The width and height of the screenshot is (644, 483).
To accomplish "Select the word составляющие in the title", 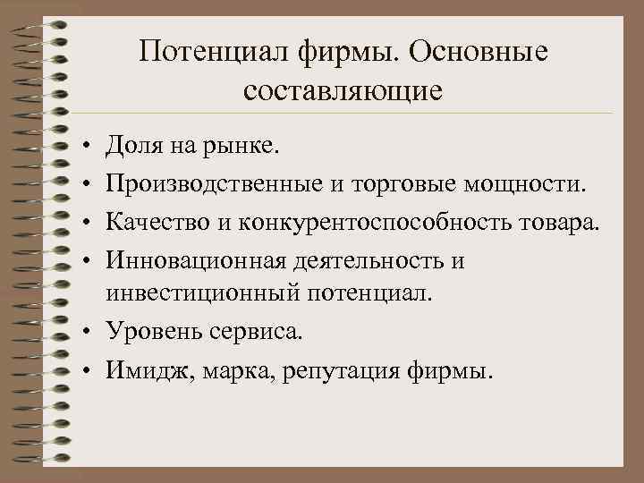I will [343, 90].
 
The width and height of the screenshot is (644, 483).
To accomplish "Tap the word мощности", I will [527, 184].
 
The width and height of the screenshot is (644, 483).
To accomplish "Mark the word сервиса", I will [259, 332].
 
